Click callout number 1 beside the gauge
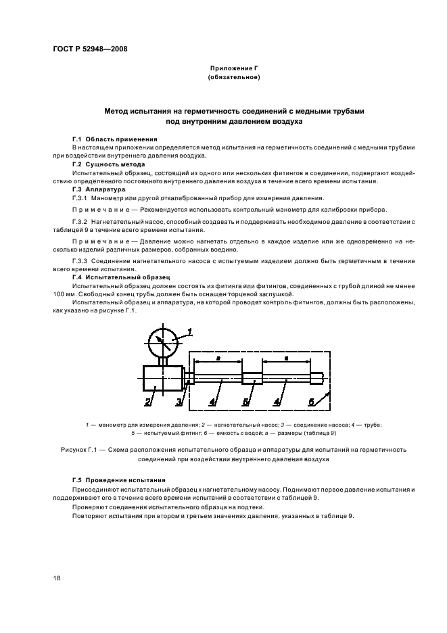pyautogui.click(x=190, y=331)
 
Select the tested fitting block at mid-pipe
pyautogui.click(x=252, y=379)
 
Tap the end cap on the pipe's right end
pyautogui.click(x=319, y=379)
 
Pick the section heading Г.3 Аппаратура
pyautogui.click(x=99, y=189)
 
